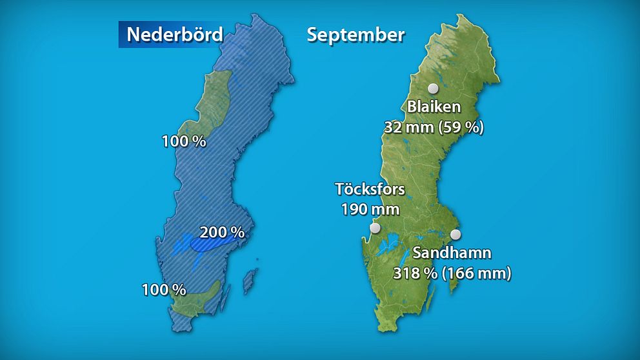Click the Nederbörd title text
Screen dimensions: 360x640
[x=174, y=34]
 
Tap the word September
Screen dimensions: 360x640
[x=355, y=34]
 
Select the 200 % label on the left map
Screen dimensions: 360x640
[x=222, y=232]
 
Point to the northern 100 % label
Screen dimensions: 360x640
[x=184, y=141]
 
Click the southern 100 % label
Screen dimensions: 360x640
[x=164, y=290]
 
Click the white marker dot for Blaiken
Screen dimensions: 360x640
[x=434, y=88]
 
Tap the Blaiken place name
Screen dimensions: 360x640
[x=434, y=107]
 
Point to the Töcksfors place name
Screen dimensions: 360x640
[x=370, y=189]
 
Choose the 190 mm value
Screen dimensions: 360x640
[x=370, y=209]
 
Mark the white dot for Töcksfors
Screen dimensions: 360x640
[x=375, y=228]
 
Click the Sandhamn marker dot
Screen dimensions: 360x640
[x=456, y=234]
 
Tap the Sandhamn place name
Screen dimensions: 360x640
[x=452, y=252]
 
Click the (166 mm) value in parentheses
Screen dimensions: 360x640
[x=477, y=274]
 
